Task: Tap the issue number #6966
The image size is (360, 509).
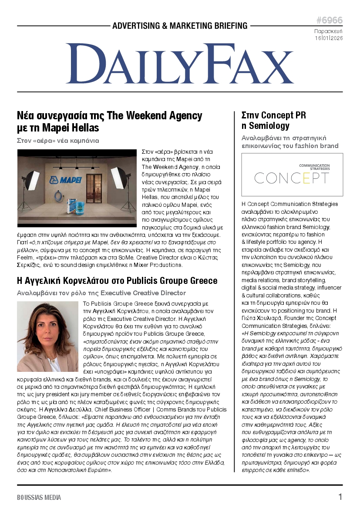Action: click(x=329, y=20)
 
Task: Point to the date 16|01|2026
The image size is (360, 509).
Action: click(x=329, y=38)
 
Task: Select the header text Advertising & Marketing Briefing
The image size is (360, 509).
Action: click(x=180, y=26)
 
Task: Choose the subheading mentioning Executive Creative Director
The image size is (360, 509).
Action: click(x=101, y=293)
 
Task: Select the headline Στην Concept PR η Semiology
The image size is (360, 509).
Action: click(x=274, y=121)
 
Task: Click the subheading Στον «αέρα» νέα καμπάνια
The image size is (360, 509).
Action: click(x=57, y=141)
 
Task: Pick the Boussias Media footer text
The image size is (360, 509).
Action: click(x=39, y=497)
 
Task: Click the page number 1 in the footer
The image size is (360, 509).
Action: click(x=340, y=497)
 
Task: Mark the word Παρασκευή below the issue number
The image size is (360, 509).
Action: click(x=328, y=31)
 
